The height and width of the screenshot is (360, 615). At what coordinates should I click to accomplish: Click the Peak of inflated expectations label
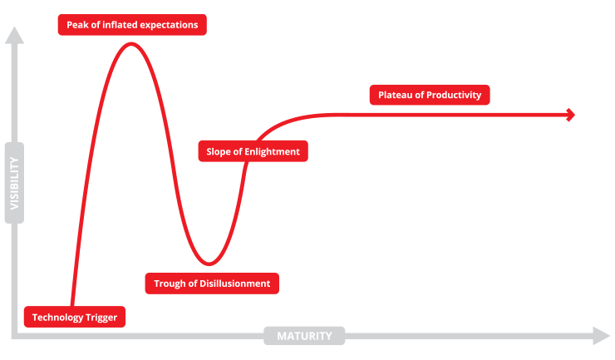pos(131,25)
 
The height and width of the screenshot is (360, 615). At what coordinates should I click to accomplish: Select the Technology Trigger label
pos(75,317)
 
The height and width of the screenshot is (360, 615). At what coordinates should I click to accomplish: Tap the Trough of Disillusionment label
pos(212,284)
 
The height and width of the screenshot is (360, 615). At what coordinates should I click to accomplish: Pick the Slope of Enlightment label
pos(253,151)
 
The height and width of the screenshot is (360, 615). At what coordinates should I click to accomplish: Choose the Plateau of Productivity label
pos(430,95)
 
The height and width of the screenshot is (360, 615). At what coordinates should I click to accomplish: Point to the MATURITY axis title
pos(304,336)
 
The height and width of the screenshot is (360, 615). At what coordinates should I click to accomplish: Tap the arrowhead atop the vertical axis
pos(14,35)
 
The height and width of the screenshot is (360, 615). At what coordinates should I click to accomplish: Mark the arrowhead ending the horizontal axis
pos(603,336)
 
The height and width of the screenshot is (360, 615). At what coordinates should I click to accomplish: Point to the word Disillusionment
pos(235,284)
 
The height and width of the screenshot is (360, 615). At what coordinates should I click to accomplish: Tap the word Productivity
pos(454,95)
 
